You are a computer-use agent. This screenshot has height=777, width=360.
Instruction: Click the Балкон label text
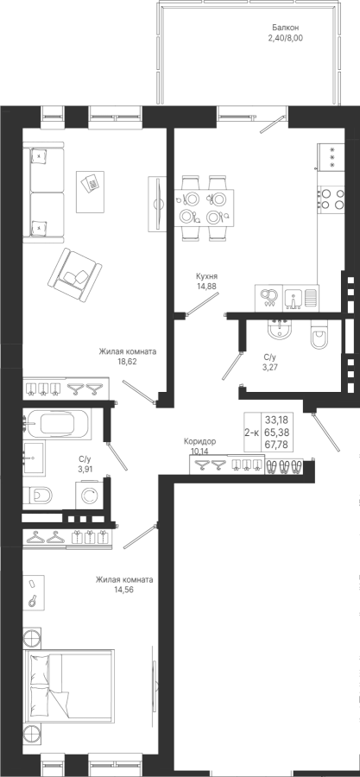[x=286, y=28]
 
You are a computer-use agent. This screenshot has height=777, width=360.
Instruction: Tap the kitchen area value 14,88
[x=206, y=286]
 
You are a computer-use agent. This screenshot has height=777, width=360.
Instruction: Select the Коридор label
[x=199, y=441]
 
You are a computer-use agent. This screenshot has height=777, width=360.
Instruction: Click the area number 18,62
[x=127, y=361]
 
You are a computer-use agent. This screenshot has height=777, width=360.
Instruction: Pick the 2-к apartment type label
[x=251, y=433]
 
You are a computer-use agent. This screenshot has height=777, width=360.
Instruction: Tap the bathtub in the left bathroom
[x=58, y=423]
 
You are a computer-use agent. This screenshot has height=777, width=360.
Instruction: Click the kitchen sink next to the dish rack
[x=294, y=298]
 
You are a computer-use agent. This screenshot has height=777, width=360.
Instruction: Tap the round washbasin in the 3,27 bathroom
[x=281, y=329]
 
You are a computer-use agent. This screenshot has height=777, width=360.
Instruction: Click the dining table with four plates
[x=204, y=208]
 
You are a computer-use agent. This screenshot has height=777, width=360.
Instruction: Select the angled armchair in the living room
[x=75, y=275]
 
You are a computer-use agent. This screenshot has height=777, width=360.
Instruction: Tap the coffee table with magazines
[x=90, y=192]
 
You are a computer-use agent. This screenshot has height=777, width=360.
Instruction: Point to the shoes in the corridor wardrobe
[x=284, y=466]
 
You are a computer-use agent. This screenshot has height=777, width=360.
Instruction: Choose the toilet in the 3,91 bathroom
[x=38, y=495]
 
